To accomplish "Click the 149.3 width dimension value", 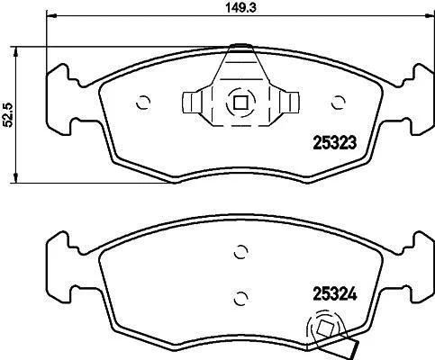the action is pos(240,8).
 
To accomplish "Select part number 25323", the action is pos(335,143).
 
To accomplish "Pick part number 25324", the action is pos(335,293).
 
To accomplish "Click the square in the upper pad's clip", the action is pos(240,103).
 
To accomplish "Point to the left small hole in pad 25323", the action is pos(143,103).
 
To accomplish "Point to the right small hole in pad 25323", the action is pos(338,103).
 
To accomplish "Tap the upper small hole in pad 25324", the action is pos(240,251).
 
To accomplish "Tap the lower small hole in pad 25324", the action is pos(240,298).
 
